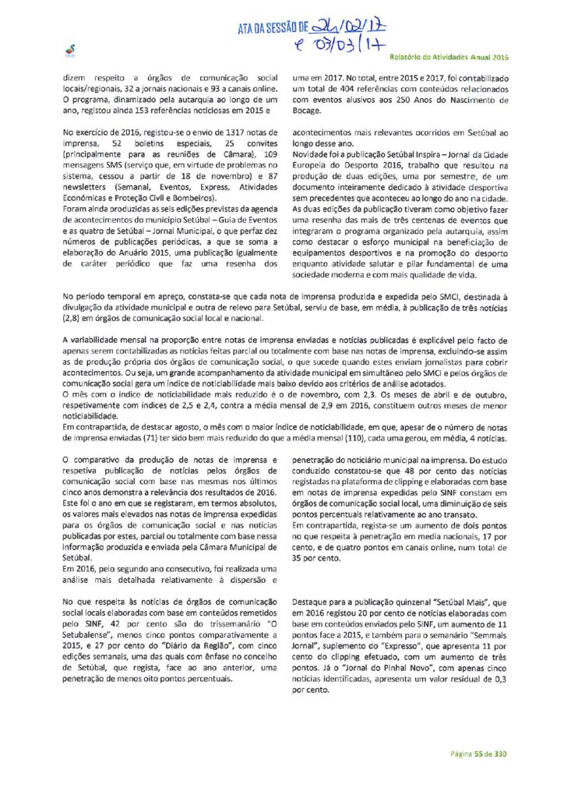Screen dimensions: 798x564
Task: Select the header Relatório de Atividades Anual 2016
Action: pyautogui.click(x=447, y=58)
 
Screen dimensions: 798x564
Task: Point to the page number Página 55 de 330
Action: pyautogui.click(x=478, y=754)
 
